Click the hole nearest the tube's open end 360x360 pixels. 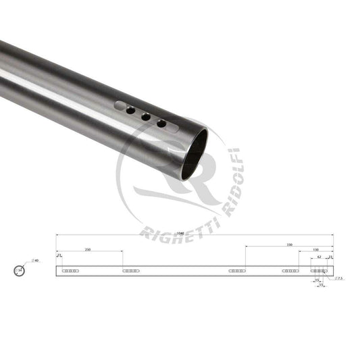coord(162,124)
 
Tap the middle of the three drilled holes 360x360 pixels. coord(145,116)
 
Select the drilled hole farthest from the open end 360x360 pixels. coord(130,109)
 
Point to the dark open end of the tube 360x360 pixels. coord(194,154)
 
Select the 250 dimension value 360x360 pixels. coord(88,250)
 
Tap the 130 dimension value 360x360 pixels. coord(316,251)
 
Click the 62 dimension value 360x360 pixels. coord(319,257)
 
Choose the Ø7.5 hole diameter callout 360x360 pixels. coord(340,278)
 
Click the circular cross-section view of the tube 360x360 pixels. coord(18,271)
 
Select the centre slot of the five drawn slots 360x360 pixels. coord(237,271)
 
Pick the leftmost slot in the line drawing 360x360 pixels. coord(70,271)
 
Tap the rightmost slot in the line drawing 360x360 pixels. coord(319,271)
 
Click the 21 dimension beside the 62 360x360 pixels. coord(330,257)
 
